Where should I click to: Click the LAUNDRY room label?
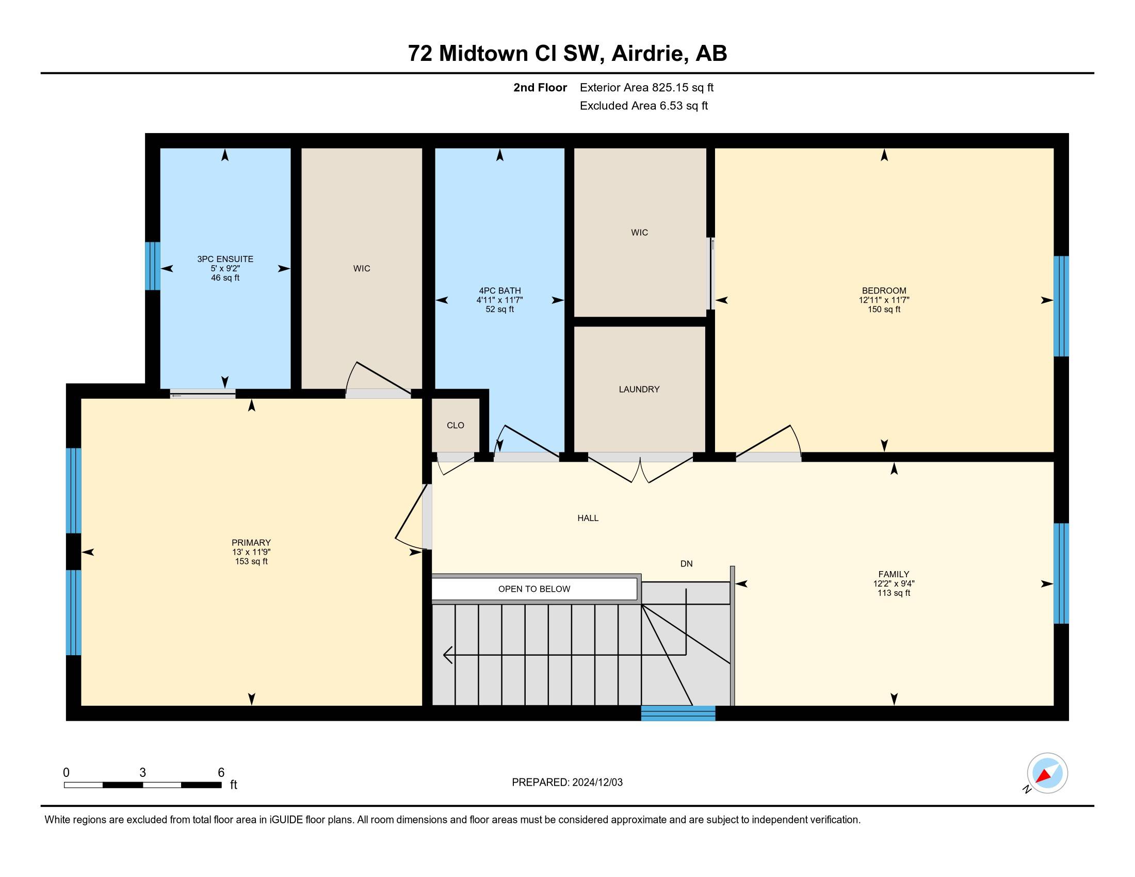point(639,389)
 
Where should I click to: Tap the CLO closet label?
point(455,426)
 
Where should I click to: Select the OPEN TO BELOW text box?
point(534,589)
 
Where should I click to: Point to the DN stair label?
point(687,564)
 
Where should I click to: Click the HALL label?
point(588,518)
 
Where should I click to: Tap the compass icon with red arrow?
point(1047,773)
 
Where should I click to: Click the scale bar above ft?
point(143,785)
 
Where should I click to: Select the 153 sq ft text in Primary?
point(251,562)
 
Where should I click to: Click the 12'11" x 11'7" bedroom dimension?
point(884,300)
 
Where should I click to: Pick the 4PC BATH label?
point(499,291)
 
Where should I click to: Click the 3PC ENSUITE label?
point(225,259)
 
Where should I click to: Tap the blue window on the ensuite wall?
point(152,266)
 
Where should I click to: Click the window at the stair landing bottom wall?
point(678,713)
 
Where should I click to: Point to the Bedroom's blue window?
point(1061,306)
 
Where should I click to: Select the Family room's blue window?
point(1061,573)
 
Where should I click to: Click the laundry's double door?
point(640,467)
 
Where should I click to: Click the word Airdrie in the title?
point(647,54)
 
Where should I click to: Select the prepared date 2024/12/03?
point(597,783)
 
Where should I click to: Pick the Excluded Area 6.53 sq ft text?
point(644,106)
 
